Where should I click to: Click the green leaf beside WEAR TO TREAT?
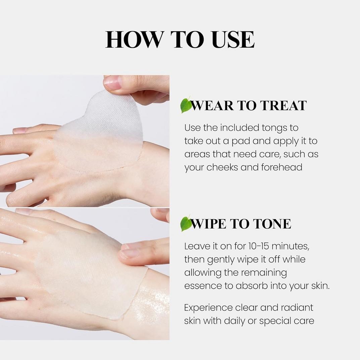[186, 105]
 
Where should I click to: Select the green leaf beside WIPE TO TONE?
[186, 223]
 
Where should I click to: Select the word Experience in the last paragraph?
[208, 308]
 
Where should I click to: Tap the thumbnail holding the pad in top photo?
[113, 82]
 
